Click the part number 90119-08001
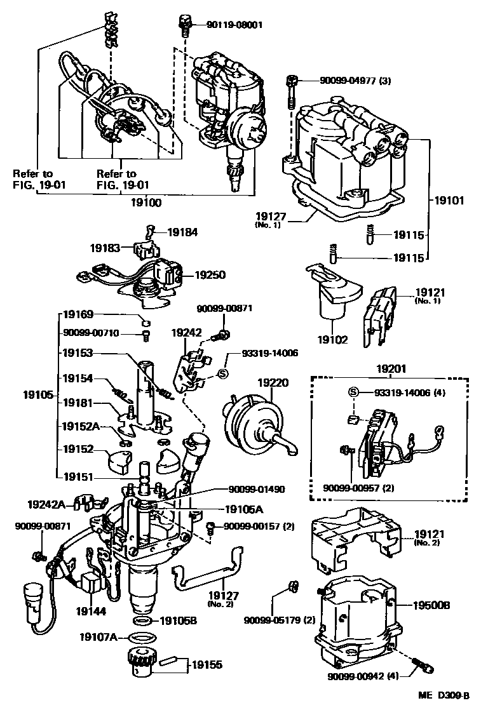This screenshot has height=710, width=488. [x=234, y=25]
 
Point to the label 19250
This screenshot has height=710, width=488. [x=210, y=276]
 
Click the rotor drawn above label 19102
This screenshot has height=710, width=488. [x=335, y=293]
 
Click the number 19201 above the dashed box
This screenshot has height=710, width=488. [x=389, y=368]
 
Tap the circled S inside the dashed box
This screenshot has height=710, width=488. [x=351, y=392]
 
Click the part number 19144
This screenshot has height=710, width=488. [x=91, y=611]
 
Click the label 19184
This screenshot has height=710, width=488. [x=182, y=232]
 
